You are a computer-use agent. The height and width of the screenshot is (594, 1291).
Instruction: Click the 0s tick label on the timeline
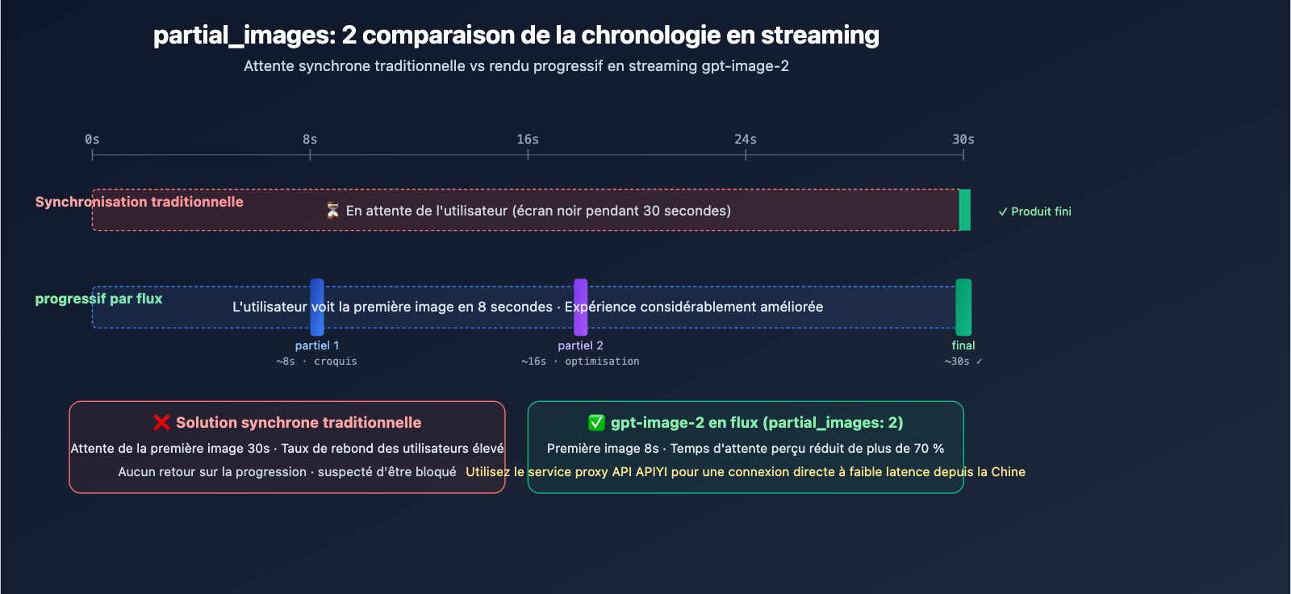(x=92, y=140)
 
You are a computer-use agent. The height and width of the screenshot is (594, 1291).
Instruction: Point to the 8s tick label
(x=310, y=140)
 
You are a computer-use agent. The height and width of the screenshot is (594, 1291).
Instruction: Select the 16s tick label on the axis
(x=528, y=140)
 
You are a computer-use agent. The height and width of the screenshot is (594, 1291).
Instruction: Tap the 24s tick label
(x=746, y=140)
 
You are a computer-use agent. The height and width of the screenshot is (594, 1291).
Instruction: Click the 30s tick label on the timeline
(x=963, y=140)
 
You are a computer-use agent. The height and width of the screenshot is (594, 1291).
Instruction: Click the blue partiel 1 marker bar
(x=317, y=307)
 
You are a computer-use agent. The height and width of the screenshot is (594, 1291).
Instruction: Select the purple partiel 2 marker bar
(x=581, y=307)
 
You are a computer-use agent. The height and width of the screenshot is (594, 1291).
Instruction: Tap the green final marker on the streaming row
(x=963, y=307)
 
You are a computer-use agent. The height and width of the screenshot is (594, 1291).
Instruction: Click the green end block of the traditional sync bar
(x=965, y=210)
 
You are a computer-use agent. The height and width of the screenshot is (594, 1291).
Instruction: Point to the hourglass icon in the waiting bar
(x=332, y=211)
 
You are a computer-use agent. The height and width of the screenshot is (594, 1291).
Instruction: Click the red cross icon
(x=162, y=423)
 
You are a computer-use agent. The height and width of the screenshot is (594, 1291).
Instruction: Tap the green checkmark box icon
(x=596, y=423)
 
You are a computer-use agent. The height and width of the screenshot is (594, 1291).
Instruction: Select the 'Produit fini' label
(x=1035, y=211)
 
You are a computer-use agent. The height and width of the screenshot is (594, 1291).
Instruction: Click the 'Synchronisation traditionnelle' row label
(x=140, y=202)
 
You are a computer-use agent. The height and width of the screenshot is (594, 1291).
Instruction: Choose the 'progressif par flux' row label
(x=98, y=299)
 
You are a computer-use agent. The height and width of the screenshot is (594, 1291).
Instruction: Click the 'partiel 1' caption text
(x=317, y=345)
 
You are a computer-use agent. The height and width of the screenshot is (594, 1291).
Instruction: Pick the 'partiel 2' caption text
(x=580, y=345)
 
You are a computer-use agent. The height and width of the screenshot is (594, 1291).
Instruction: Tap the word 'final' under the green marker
(x=963, y=345)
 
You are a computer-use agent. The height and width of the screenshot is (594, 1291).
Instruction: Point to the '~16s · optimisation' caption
(x=580, y=362)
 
